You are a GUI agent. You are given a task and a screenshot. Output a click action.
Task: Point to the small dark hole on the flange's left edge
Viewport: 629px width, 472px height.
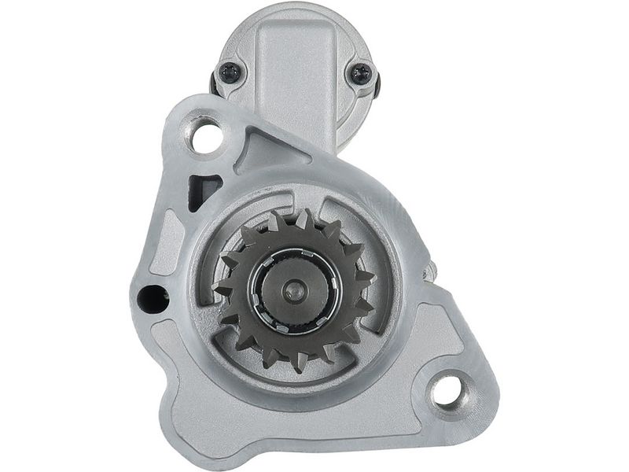click(x=153, y=299)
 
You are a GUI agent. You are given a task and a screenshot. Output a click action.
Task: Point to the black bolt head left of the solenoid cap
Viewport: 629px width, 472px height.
click(x=213, y=81)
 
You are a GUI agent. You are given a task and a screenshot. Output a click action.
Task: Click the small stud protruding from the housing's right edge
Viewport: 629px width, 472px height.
click(x=429, y=272)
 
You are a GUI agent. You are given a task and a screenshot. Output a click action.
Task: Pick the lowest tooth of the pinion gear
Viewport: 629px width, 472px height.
click(x=300, y=363)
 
